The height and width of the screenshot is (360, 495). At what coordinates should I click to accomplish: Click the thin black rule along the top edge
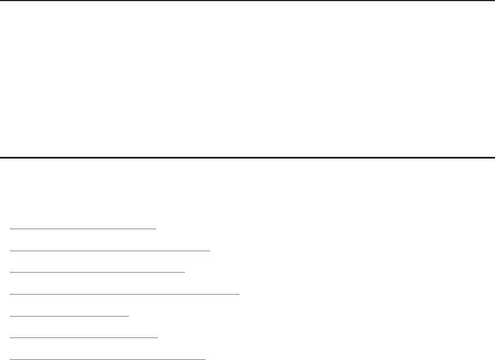[247, 1]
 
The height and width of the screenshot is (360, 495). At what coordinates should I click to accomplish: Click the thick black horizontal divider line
[247, 157]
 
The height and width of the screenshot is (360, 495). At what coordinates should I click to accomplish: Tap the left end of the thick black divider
[2, 157]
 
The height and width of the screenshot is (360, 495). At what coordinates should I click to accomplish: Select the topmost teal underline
[83, 228]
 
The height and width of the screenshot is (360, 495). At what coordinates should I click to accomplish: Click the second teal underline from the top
[110, 250]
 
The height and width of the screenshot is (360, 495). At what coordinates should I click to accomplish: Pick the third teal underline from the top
[98, 271]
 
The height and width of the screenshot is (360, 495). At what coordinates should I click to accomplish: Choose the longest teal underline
[125, 293]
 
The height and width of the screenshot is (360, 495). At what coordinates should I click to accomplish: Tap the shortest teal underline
[70, 315]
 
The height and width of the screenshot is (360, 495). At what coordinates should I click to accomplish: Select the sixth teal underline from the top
[84, 337]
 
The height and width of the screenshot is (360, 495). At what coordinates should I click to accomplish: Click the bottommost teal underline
[108, 359]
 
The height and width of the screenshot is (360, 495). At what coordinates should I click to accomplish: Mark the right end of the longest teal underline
[239, 293]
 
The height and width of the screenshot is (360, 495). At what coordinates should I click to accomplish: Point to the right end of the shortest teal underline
[129, 315]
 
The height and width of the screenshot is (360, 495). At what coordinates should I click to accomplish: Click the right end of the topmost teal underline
[156, 228]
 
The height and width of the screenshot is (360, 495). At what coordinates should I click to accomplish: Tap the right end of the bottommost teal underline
[205, 359]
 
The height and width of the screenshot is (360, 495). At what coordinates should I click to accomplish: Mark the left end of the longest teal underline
[11, 293]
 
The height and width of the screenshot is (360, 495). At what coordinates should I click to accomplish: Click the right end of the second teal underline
[209, 250]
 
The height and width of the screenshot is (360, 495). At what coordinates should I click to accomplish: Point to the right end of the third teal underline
[184, 271]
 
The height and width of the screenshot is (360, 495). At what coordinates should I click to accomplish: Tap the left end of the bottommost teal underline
[11, 359]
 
